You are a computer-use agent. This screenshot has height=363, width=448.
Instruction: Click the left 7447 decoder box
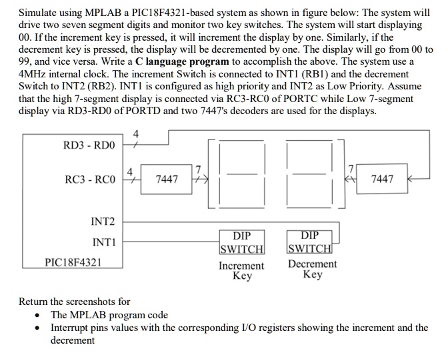166,179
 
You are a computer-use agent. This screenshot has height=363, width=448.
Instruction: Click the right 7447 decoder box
381,179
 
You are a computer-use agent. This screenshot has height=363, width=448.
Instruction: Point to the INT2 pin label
103,222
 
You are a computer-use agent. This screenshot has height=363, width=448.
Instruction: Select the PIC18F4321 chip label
73,262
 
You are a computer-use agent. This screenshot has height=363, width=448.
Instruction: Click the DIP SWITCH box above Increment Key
241,242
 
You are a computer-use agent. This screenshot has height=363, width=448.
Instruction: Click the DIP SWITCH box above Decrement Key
309,242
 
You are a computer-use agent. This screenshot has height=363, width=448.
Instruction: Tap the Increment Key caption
241,271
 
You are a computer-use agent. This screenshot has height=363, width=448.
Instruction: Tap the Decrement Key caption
311,270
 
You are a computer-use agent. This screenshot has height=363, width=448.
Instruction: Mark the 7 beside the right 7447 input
352,168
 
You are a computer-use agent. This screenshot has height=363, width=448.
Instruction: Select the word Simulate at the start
38,13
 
